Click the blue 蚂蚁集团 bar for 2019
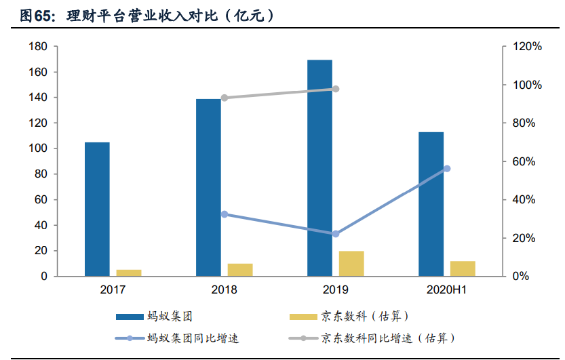tap(319, 168)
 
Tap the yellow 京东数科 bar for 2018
tap(240, 270)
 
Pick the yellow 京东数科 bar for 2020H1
tap(463, 268)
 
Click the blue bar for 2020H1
tap(431, 204)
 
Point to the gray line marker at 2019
tap(336, 89)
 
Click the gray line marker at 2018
tap(225, 98)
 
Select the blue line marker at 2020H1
tap(447, 168)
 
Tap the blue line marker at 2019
tap(336, 234)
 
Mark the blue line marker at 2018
tap(225, 214)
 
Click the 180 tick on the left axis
tap(38, 47)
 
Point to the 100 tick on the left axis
tap(38, 148)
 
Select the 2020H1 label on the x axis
tap(447, 290)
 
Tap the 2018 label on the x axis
tap(225, 290)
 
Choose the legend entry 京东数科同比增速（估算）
tap(386, 338)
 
